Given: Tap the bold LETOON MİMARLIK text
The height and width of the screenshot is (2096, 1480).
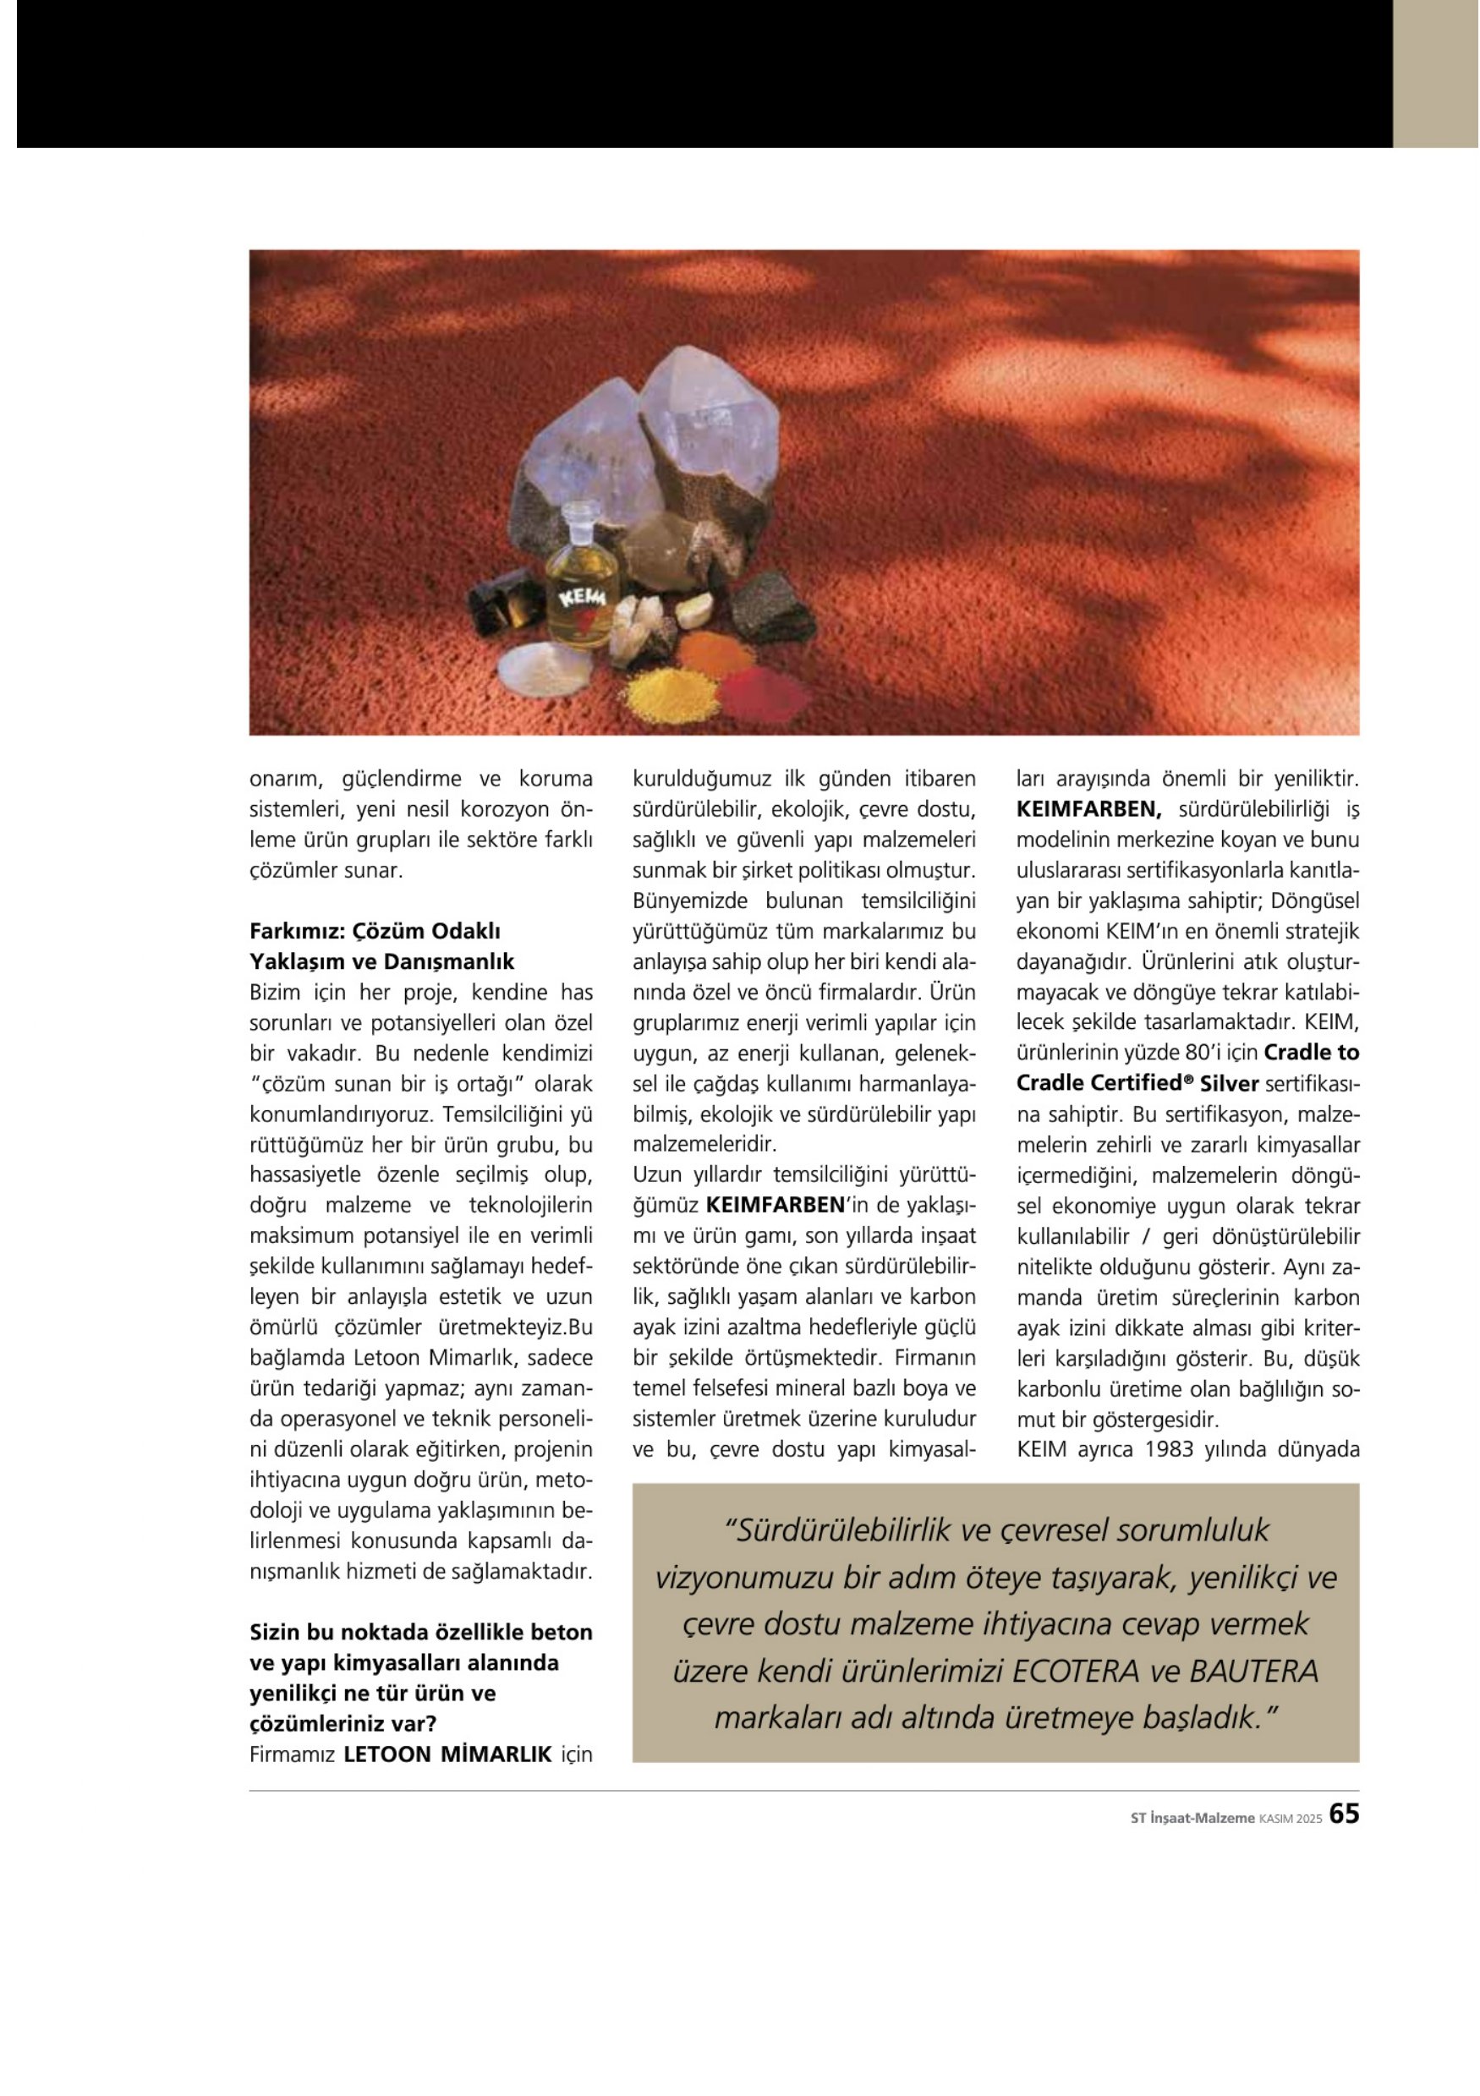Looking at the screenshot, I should [x=447, y=1754].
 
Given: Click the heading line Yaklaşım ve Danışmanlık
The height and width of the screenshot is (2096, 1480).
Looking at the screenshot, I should [x=381, y=962].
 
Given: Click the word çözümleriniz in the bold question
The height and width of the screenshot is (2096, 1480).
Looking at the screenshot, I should [x=319, y=1723].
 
